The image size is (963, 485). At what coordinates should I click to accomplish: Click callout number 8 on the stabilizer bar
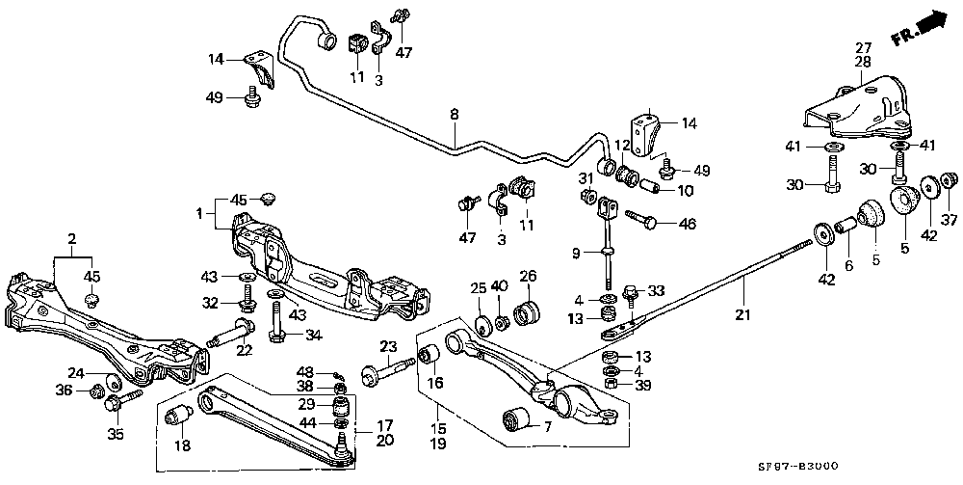454,114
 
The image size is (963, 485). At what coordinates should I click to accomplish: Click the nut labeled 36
97,391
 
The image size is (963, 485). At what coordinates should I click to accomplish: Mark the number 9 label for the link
575,254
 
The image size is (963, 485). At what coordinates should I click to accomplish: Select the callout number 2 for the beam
70,237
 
